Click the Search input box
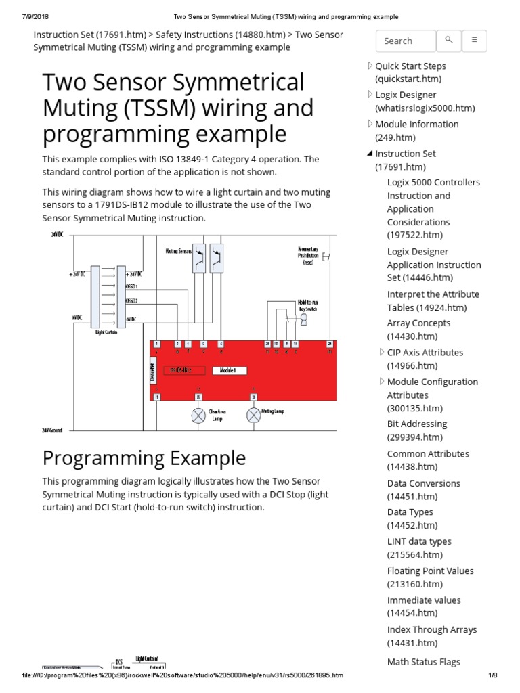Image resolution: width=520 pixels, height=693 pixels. (x=405, y=41)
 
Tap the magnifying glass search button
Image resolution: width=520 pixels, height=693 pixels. (x=448, y=41)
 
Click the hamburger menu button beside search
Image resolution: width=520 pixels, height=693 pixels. (x=475, y=41)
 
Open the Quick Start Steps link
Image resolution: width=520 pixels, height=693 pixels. (x=410, y=66)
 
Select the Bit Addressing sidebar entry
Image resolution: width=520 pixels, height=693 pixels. (x=417, y=424)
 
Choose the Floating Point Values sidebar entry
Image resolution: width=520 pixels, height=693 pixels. (x=430, y=571)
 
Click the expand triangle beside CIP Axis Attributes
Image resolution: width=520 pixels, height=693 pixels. (x=381, y=353)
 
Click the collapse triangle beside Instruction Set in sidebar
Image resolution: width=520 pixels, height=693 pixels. (x=370, y=154)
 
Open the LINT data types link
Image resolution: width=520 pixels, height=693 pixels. (x=419, y=542)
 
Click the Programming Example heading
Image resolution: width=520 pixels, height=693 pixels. (x=144, y=458)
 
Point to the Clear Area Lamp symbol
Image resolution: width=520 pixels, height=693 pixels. (x=198, y=415)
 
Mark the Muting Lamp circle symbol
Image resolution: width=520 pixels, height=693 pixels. (x=253, y=415)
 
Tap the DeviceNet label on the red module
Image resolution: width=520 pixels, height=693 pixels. (x=152, y=372)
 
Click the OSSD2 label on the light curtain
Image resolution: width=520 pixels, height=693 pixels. (x=131, y=301)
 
